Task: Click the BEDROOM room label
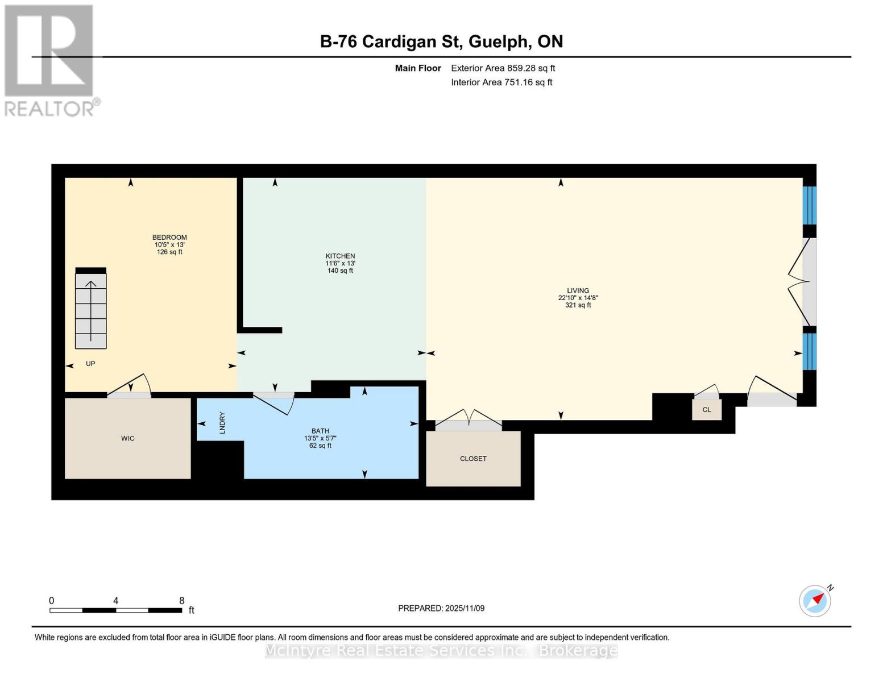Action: pyautogui.click(x=169, y=237)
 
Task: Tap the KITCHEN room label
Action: pyautogui.click(x=340, y=256)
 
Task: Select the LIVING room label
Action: pyautogui.click(x=578, y=290)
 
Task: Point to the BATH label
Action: pyautogui.click(x=320, y=431)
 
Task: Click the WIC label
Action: pyautogui.click(x=127, y=438)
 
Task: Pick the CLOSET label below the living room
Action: pyautogui.click(x=473, y=459)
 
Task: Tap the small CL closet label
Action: pyautogui.click(x=707, y=409)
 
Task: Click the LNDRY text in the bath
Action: pyautogui.click(x=222, y=423)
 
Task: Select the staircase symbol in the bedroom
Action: pyautogui.click(x=90, y=308)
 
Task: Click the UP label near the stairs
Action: pyautogui.click(x=90, y=364)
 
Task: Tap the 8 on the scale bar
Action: pyautogui.click(x=181, y=600)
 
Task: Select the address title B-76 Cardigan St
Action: pyautogui.click(x=441, y=41)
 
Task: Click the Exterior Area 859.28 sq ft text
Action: pyautogui.click(x=503, y=68)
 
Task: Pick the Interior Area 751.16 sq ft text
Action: pyautogui.click(x=501, y=82)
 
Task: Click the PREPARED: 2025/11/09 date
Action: pyautogui.click(x=441, y=608)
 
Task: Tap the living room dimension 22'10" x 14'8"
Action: pyautogui.click(x=578, y=298)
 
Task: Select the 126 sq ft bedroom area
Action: pyautogui.click(x=169, y=252)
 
